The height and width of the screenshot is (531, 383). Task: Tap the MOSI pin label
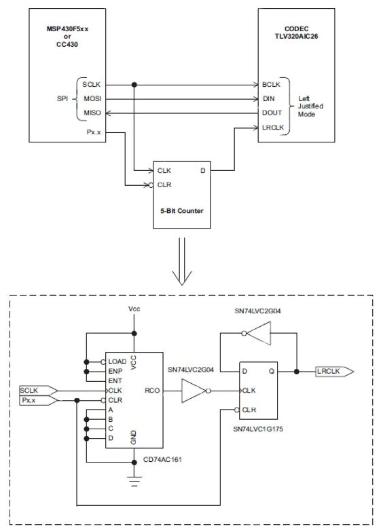point(91,98)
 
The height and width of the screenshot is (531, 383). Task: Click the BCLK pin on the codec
point(272,85)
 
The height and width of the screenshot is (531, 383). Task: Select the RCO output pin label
point(151,391)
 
